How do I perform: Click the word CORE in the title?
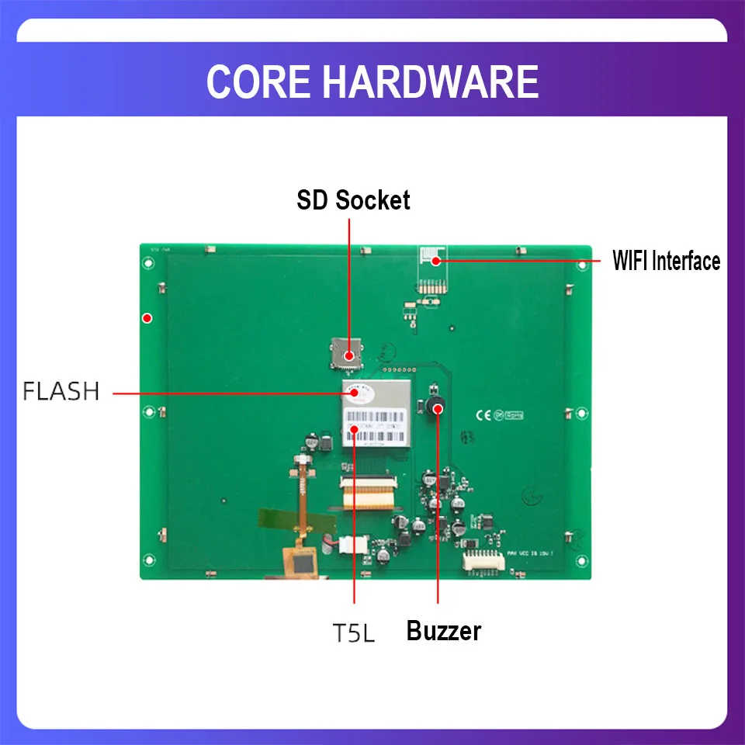tap(255, 81)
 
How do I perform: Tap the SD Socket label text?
tap(353, 200)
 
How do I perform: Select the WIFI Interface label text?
tap(666, 261)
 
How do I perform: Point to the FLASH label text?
tap(61, 392)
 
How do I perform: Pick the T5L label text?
tap(354, 633)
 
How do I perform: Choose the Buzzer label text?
tap(443, 631)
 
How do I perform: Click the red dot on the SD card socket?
tap(350, 355)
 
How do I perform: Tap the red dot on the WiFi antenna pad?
tap(436, 261)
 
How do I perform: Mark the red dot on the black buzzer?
tap(438, 407)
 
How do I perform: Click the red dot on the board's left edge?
tap(147, 317)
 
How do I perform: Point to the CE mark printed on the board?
tap(481, 415)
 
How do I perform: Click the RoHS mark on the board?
tap(514, 416)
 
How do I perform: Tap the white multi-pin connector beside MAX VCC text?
tap(481, 561)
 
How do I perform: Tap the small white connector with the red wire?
tap(353, 546)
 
